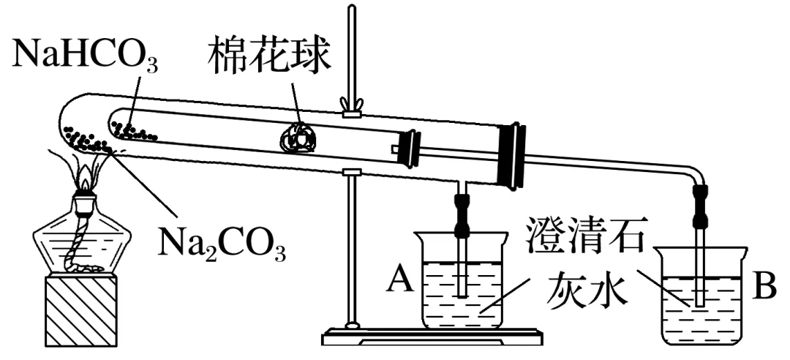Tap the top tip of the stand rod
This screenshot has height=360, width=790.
tap(352, 9)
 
